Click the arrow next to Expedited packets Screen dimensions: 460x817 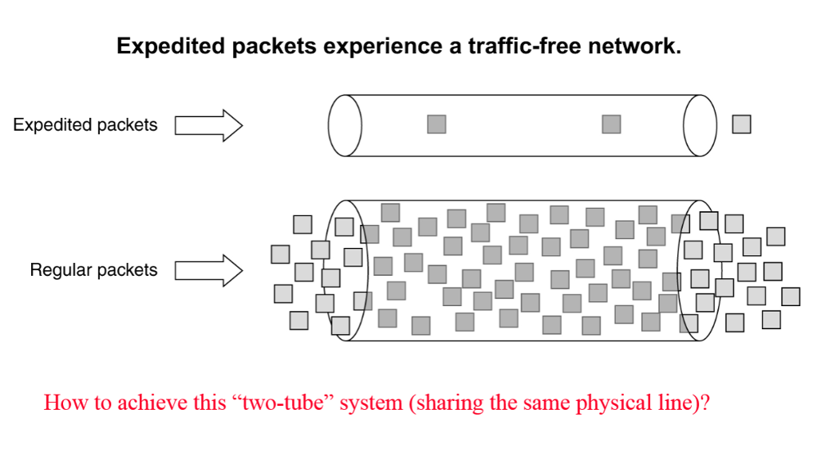208,125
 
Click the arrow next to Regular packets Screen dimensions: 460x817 208,270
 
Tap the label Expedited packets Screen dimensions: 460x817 85,125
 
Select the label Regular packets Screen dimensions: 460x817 94,270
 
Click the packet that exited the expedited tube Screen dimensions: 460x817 741,124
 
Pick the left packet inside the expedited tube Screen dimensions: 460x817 436,124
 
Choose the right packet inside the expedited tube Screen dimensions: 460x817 611,124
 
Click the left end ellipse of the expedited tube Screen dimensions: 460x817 345,125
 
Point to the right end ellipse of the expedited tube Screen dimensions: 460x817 701,125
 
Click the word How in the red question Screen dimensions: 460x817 60,402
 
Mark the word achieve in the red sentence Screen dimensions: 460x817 140,402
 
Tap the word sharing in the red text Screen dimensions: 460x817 443,402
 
